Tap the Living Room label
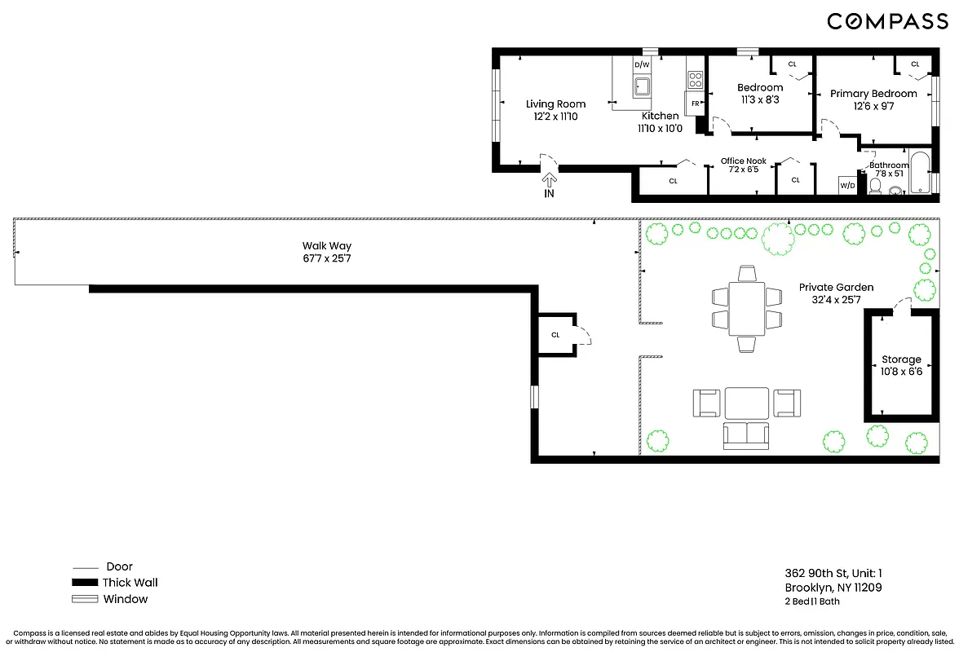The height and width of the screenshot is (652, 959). click(x=555, y=104)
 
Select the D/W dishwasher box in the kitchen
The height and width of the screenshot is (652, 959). click(x=643, y=64)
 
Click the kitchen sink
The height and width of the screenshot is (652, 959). click(x=642, y=87)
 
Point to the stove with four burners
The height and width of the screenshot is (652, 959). click(x=696, y=80)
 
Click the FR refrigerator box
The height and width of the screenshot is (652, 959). click(x=695, y=104)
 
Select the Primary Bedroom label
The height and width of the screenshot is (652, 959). click(x=873, y=94)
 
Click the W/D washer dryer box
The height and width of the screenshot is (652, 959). click(x=847, y=186)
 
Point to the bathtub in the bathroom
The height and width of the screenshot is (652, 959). click(x=920, y=172)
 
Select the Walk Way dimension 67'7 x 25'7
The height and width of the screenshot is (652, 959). click(x=327, y=258)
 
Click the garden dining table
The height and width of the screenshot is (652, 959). click(x=746, y=308)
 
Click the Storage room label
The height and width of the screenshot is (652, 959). click(x=901, y=359)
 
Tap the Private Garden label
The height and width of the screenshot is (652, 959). click(x=836, y=288)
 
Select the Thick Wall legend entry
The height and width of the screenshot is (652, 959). click(x=130, y=583)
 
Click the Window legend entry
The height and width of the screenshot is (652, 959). click(x=125, y=599)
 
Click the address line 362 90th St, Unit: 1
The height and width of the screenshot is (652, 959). click(x=832, y=573)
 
